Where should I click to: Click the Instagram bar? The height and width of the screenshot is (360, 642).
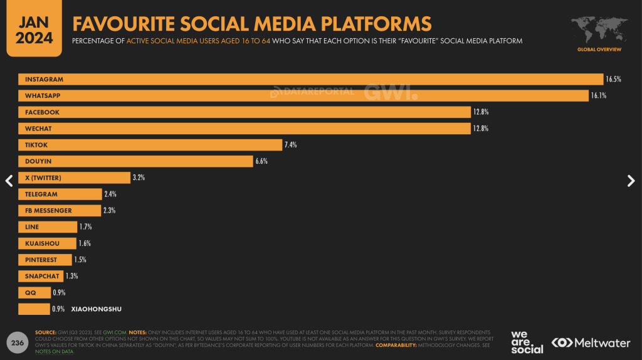point(310,80)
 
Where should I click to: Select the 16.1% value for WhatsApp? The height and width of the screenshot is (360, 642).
point(598,96)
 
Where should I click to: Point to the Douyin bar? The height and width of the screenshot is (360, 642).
point(135,161)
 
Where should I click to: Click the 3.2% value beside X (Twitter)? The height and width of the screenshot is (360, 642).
point(139,177)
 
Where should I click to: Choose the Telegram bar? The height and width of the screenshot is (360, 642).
point(60,194)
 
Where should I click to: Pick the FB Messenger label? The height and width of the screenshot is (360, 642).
point(48,211)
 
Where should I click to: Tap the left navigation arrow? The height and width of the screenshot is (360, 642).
point(9,181)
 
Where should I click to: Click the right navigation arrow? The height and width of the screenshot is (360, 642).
point(631,181)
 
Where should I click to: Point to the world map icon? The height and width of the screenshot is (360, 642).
point(599,29)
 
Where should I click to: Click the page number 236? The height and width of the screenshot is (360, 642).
point(17,343)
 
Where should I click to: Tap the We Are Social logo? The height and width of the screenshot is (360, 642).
point(527,342)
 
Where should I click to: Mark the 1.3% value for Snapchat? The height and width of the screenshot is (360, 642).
point(71,276)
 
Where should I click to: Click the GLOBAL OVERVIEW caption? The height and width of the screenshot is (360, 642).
point(599,49)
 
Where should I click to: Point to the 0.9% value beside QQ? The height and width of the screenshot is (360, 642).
point(59,292)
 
